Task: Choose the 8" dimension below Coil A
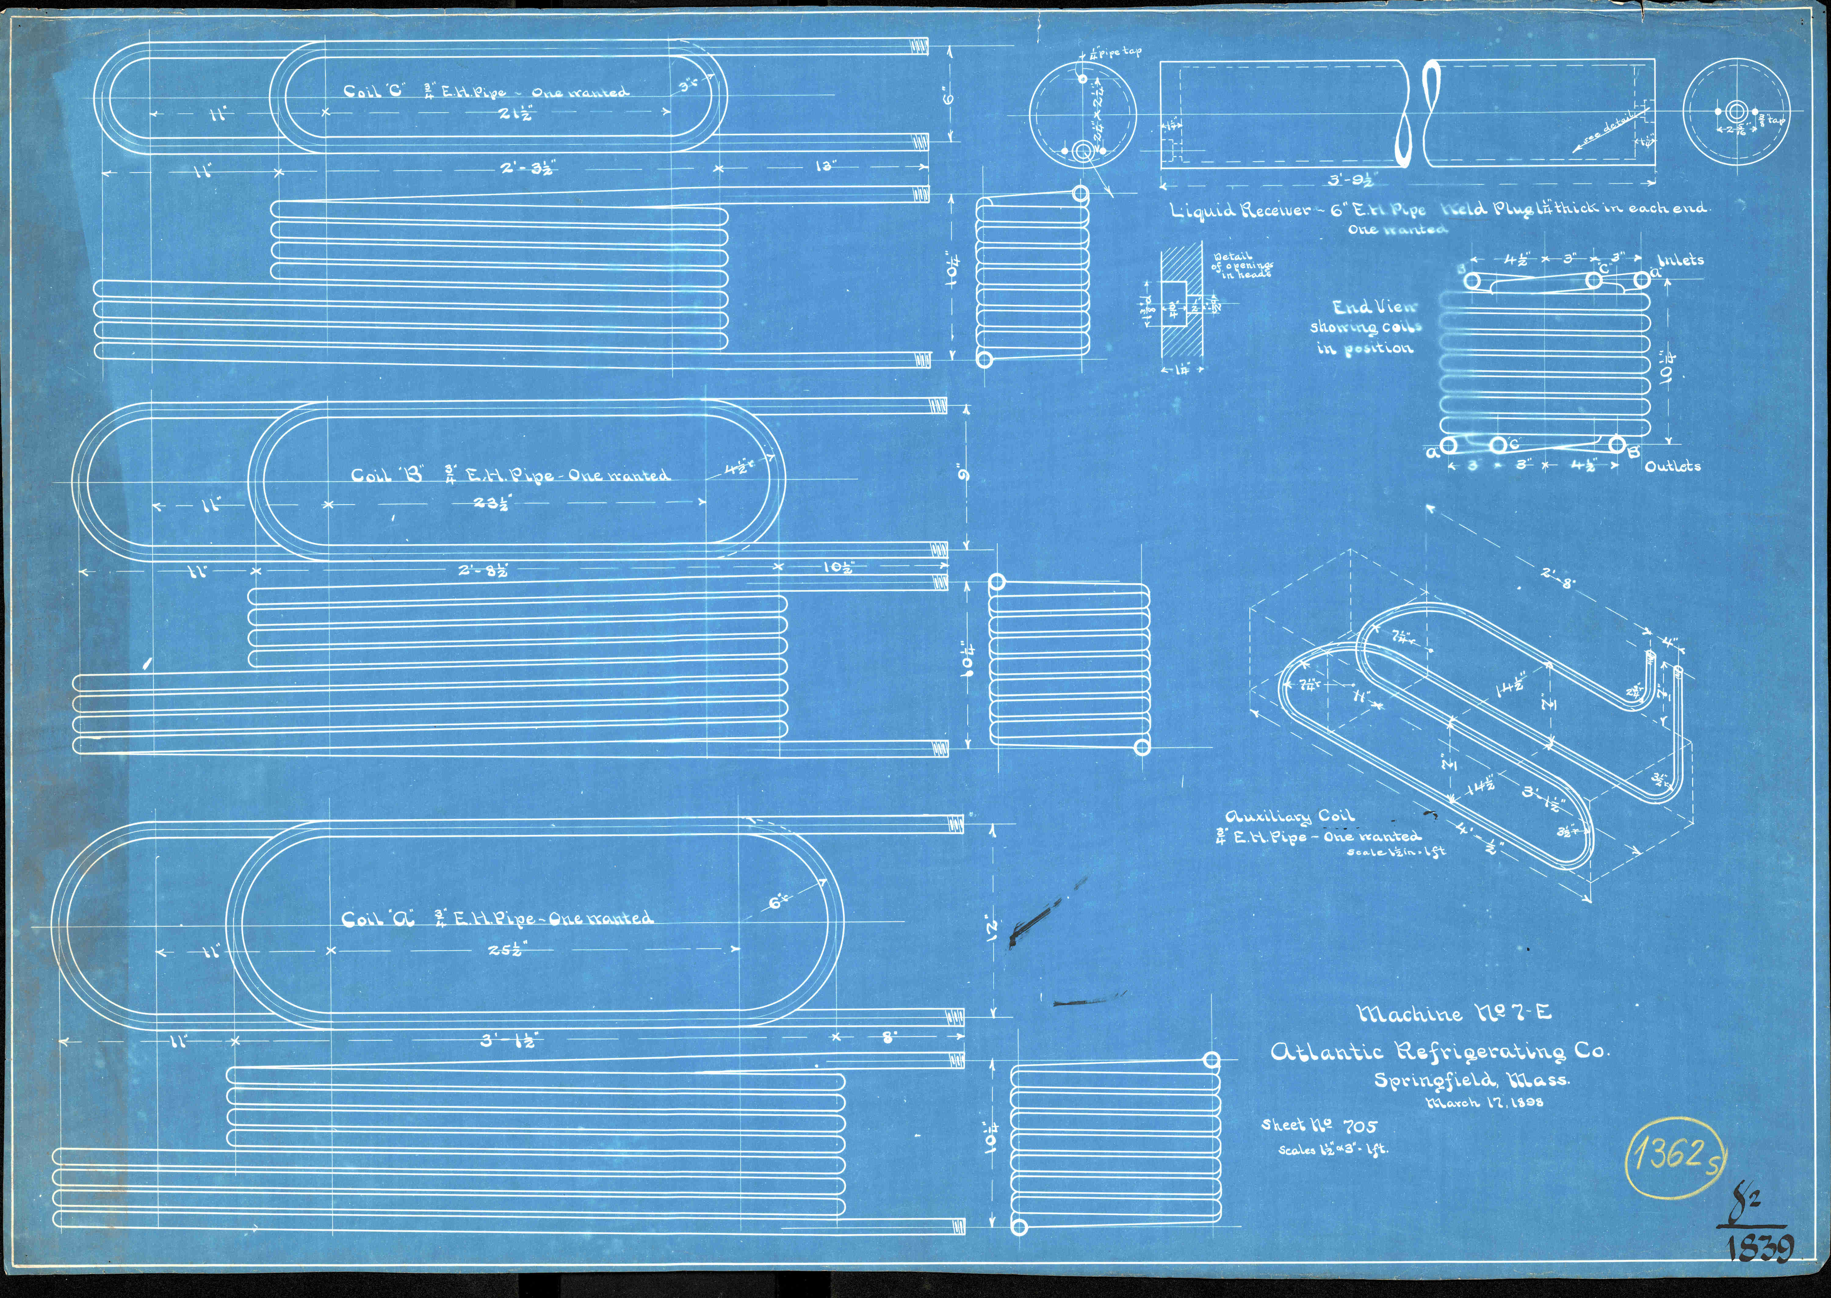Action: click(x=889, y=1038)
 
